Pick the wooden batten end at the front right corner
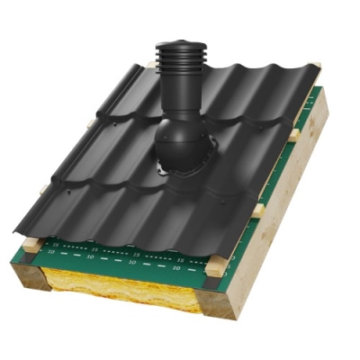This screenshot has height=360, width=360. [215, 267]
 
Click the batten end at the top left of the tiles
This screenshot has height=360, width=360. [151, 66]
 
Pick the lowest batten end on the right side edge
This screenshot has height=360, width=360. [259, 210]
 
